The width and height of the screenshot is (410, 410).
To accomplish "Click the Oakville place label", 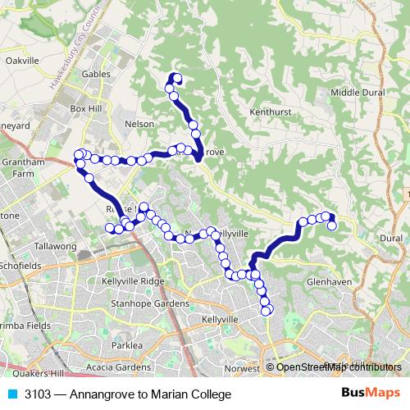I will coord(22,61).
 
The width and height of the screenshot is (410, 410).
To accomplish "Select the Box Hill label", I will coord(84,108).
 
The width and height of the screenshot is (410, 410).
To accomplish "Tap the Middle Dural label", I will coord(352,92).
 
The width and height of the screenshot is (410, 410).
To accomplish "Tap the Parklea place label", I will coord(127,345).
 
